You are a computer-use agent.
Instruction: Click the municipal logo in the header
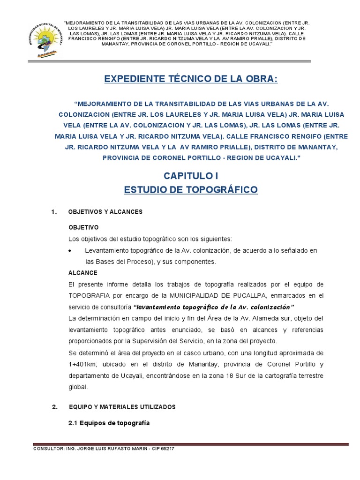(x=45, y=41)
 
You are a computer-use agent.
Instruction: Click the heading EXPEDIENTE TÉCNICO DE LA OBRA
(x=191, y=79)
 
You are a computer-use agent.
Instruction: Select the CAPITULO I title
(x=191, y=176)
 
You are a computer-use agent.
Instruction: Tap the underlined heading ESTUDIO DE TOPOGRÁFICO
(x=191, y=190)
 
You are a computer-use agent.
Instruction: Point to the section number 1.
(x=54, y=212)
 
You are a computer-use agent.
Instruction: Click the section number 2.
(x=54, y=407)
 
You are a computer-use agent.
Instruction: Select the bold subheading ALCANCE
(x=83, y=273)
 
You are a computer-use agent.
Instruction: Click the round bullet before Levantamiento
(x=70, y=251)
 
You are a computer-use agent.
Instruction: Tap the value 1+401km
(x=82, y=364)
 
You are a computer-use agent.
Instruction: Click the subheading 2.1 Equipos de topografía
(x=109, y=423)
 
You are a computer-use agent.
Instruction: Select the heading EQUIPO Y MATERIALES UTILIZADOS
(x=122, y=407)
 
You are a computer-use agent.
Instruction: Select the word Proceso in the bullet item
(x=137, y=262)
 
